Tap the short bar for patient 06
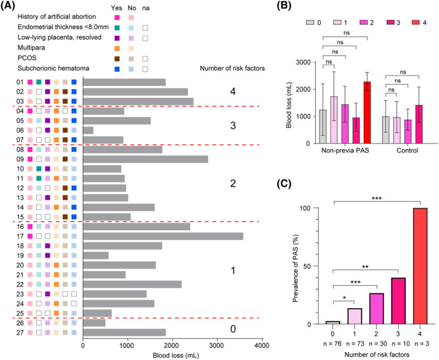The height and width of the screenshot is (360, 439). pyautogui.click(x=88, y=130)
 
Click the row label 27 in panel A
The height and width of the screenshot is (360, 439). pyautogui.click(x=19, y=332)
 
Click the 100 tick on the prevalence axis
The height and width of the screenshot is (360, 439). pyautogui.click(x=319, y=208)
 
